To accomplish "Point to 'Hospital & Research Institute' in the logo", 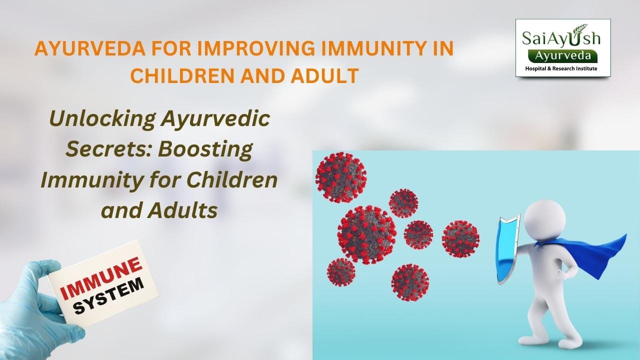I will [x=563, y=67].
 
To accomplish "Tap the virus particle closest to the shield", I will [x=460, y=238].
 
